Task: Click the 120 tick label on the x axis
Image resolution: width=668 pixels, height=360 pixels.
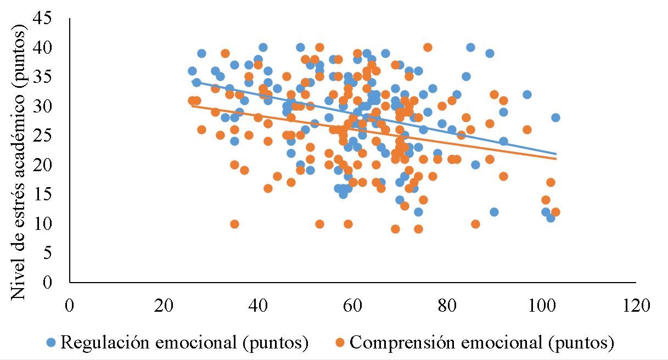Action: pos(635,304)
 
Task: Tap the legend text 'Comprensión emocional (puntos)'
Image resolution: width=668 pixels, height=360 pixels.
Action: pos(481,343)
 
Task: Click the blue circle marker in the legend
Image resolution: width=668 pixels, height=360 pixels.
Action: pos(51,343)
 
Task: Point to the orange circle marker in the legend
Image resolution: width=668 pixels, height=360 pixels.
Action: pos(340,343)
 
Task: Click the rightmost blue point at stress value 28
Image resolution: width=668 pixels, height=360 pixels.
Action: pos(555,118)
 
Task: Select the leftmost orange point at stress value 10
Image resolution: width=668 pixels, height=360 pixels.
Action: pos(234,224)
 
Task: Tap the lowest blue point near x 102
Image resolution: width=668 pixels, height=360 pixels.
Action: pos(551,218)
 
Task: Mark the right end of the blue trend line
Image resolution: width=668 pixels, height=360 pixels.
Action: pos(555,154)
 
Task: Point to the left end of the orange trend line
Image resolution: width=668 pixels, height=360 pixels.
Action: pos(192,106)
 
